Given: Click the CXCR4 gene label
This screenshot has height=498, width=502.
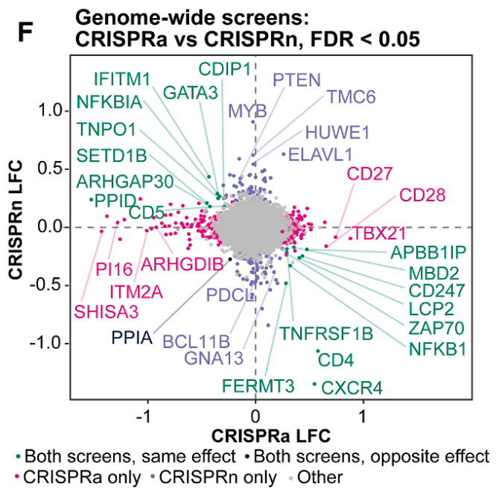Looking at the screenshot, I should point(352,388).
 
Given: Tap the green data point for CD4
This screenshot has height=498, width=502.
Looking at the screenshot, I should point(318,351).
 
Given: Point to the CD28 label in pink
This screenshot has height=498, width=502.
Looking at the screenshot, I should point(422,196).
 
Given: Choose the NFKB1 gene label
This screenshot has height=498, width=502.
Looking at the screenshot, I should point(438,347).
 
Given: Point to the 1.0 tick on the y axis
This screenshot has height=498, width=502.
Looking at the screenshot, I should point(51,110).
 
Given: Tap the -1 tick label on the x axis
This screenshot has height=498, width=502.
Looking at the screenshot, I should point(147,415).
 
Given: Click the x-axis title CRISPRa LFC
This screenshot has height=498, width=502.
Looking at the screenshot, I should point(271,434).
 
